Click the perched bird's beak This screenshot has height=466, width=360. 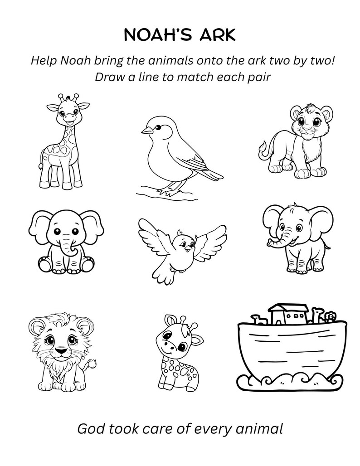coord(146,131)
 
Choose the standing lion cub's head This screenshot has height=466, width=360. coord(308,120)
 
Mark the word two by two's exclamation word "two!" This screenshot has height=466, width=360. coord(324,60)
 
